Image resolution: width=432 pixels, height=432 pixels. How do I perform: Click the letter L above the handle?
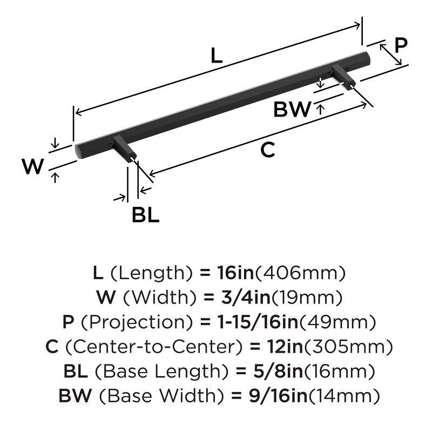click(217, 56)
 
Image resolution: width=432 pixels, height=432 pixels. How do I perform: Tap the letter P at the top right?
click(400, 45)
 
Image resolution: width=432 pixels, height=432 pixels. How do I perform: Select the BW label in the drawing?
click(292, 110)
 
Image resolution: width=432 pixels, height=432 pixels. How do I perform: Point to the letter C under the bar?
click(268, 151)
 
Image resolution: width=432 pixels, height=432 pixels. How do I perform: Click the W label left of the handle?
click(32, 167)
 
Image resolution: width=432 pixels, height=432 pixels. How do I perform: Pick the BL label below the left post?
click(145, 215)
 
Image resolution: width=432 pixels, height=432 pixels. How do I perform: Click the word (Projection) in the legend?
click(136, 322)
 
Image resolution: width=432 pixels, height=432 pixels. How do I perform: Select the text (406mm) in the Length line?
click(300, 273)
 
